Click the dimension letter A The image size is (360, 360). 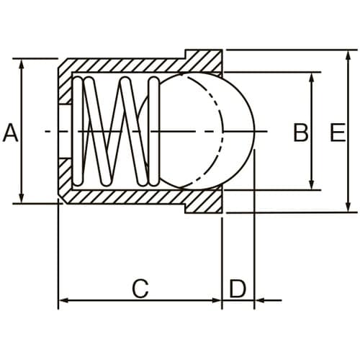point(10,132)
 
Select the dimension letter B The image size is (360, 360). point(300,132)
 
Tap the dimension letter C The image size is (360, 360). point(140,289)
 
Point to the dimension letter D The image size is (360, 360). point(238,289)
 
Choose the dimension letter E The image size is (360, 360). point(336,132)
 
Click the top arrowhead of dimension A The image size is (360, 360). point(22,63)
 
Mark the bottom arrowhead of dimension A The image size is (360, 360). point(22,199)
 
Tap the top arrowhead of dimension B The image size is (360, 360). point(312,77)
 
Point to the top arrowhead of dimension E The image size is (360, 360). point(349,55)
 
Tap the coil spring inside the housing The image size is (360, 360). point(119,131)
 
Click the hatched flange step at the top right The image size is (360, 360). point(204,60)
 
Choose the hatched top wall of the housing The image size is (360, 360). point(122,66)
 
